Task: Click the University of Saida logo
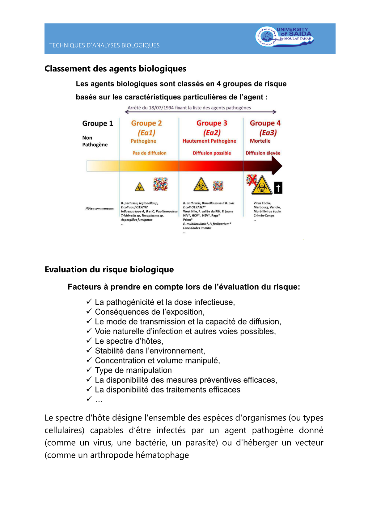coord(284,37)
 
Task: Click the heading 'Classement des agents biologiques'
coord(115,69)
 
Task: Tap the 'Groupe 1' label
coord(97,124)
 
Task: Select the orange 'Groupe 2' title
coord(146,123)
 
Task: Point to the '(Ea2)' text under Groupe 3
coord(212,133)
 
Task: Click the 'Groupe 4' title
coord(265,123)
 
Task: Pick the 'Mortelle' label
coord(260,141)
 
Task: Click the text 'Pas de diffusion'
coord(149,153)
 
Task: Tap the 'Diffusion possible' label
coord(212,153)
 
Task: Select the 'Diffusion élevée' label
coord(263,153)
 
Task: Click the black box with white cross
coord(278,188)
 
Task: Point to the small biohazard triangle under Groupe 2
coord(140,187)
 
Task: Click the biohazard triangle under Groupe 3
coord(201,185)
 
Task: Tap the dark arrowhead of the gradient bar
coord(277,166)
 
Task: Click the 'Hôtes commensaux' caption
coord(99,208)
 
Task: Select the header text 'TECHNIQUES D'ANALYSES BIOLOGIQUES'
coord(104,45)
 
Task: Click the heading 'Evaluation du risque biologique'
coord(109,270)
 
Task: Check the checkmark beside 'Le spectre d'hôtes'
coord(89,340)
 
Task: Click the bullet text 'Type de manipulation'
coord(133,370)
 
